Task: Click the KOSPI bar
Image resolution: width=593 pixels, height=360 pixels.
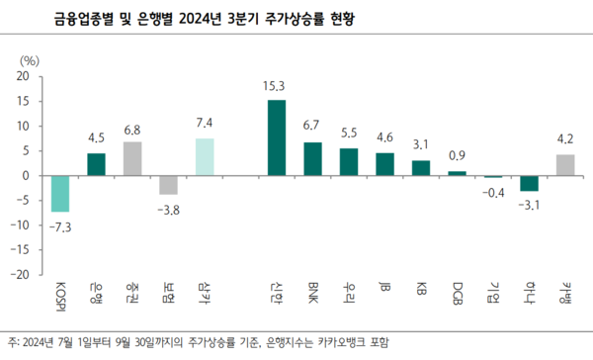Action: tap(60, 193)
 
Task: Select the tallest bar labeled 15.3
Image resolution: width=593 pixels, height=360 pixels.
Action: tap(277, 137)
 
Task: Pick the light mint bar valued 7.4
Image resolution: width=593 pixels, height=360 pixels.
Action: tap(205, 156)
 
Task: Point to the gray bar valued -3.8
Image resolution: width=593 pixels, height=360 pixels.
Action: tap(168, 185)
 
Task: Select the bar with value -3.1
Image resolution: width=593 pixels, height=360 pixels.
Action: tap(529, 183)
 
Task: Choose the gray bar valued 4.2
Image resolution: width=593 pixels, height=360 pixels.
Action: tap(564, 164)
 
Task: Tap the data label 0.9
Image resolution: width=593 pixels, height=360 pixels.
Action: tap(458, 156)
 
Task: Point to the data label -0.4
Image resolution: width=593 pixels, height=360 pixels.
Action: tap(493, 191)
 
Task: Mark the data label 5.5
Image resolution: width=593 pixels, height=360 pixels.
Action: tap(349, 133)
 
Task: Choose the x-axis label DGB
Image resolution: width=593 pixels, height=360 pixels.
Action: tap(458, 294)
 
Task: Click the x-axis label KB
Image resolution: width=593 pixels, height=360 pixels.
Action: tap(421, 291)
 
